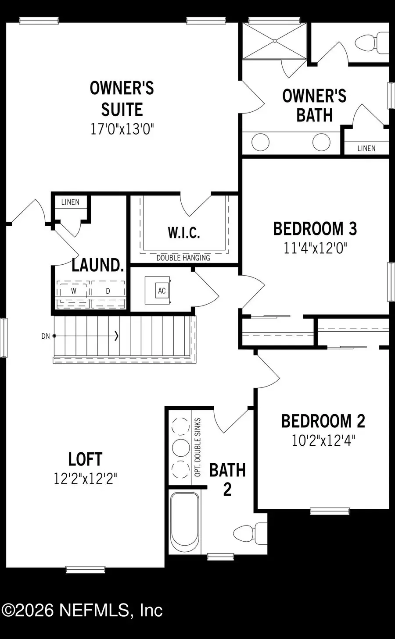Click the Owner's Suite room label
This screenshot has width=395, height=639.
click(x=122, y=99)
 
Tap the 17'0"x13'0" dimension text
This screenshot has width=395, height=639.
click(x=122, y=129)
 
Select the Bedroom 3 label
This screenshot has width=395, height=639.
click(x=315, y=229)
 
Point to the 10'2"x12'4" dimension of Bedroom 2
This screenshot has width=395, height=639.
click(x=323, y=440)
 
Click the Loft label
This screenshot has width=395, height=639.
click(x=85, y=459)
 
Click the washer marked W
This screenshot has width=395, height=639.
click(x=73, y=291)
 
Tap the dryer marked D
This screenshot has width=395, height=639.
click(x=108, y=291)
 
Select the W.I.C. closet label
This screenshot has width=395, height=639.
click(x=184, y=233)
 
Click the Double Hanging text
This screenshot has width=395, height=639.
click(x=183, y=258)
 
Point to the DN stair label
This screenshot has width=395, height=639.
click(x=46, y=336)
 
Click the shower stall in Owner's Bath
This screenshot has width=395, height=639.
click(x=275, y=41)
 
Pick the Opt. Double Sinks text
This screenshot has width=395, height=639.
click(x=197, y=447)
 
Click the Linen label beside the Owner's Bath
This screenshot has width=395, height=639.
click(x=366, y=148)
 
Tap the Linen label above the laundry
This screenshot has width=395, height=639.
click(x=70, y=202)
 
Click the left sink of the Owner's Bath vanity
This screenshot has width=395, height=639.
click(x=260, y=142)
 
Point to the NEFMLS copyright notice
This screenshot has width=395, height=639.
click(x=82, y=610)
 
